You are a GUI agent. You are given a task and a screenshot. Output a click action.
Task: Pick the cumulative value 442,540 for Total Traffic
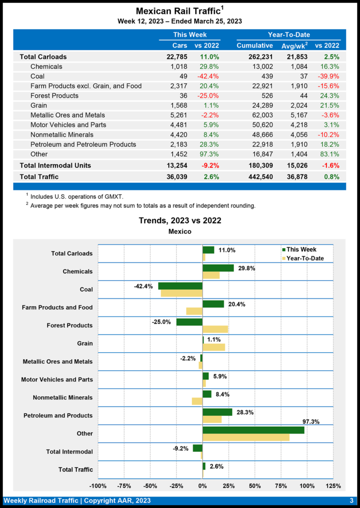(258, 177)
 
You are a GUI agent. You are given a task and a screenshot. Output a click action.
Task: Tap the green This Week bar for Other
(253, 430)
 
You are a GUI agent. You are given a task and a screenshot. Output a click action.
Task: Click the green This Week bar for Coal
(180, 286)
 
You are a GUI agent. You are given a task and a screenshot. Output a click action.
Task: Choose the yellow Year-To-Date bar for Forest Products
(215, 329)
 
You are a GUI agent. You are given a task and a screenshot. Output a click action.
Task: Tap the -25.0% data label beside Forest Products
(161, 321)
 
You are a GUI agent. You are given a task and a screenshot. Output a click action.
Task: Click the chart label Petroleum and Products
(58, 416)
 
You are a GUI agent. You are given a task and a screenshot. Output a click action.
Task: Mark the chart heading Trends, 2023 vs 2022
(180, 220)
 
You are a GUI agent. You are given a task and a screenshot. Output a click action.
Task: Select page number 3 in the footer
(351, 501)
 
